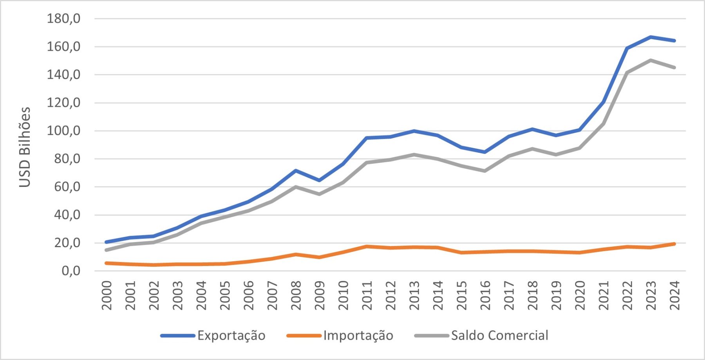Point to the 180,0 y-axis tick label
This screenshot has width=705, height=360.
63,18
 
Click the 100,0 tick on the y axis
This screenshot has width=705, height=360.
63,131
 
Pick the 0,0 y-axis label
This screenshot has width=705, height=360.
71,271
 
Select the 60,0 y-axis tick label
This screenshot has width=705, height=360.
67,187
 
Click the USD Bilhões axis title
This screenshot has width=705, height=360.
25,147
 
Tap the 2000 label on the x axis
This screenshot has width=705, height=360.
107,295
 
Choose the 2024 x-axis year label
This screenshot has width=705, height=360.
674,295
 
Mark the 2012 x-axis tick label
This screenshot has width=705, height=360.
390,295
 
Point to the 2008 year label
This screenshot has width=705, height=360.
296,295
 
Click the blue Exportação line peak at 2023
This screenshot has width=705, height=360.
651,37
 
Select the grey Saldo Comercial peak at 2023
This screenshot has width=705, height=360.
651,60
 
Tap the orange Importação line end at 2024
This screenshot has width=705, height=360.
674,244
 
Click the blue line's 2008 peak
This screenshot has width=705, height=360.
296,171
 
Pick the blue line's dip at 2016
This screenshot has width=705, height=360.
485,152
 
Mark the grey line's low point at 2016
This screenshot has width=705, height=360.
485,171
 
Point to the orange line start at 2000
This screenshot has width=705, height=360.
107,263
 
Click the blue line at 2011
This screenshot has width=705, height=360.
367,138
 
